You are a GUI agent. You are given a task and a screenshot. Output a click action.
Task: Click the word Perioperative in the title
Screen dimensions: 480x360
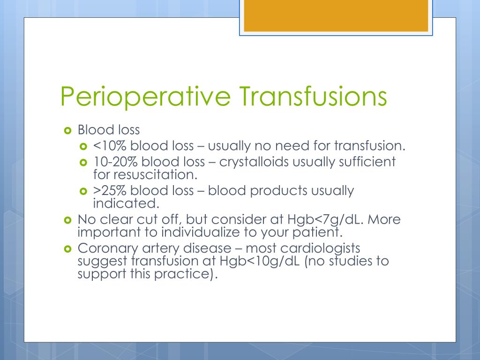(145, 97)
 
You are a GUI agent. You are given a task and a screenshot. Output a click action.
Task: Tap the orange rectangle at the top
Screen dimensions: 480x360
(336, 15)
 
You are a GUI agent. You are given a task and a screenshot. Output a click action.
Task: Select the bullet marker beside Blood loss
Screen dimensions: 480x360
(67, 131)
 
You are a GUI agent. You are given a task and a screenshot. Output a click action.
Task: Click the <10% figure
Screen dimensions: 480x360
(110, 146)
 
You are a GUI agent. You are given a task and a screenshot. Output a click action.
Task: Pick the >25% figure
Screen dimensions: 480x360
(110, 190)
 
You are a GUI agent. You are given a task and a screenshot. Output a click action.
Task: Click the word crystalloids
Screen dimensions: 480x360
(254, 162)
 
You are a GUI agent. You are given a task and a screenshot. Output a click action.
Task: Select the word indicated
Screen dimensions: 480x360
(126, 203)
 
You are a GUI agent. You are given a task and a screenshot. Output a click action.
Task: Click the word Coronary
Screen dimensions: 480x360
(107, 248)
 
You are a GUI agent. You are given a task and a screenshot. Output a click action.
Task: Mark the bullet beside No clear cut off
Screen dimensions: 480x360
(67, 220)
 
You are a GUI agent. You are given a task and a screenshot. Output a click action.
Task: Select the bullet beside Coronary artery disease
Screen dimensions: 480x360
(67, 249)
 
